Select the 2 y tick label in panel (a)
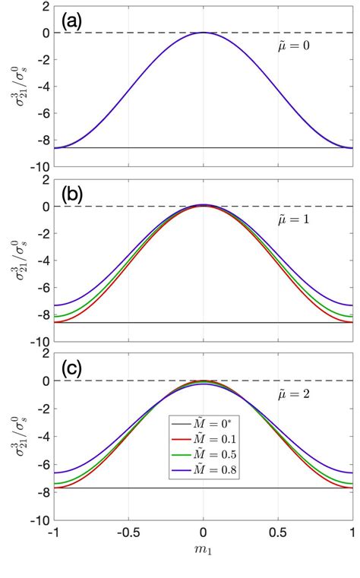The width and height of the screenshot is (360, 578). click(44, 6)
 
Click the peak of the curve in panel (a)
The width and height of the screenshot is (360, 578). click(203, 33)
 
